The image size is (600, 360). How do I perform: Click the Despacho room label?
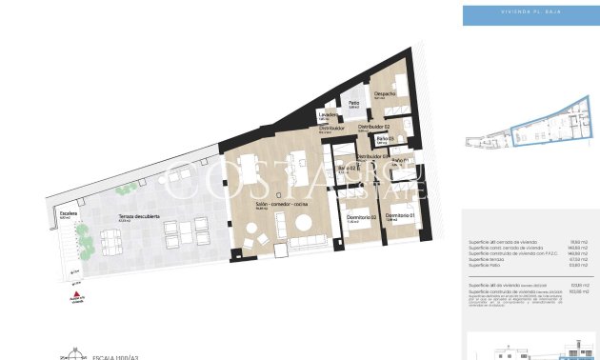[385, 93]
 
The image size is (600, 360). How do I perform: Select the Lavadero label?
[329, 116]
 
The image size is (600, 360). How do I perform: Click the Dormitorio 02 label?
[361, 218]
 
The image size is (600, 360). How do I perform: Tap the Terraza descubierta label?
[138, 217]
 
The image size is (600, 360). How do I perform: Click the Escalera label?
[67, 214]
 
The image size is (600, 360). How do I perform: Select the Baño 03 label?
[385, 139]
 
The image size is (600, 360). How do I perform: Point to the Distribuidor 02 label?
[375, 126]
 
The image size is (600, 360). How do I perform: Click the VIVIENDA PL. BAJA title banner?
[530, 14]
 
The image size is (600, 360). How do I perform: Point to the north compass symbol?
[67, 354]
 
